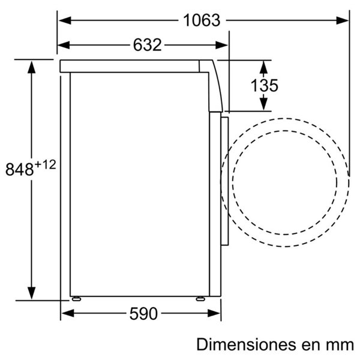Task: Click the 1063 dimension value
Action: point(202,20)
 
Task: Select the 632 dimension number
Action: point(148,45)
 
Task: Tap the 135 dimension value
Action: point(264,85)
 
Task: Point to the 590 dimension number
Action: point(143,314)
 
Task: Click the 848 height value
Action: point(20,169)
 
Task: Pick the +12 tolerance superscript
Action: point(46,165)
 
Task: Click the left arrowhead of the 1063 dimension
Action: point(65,20)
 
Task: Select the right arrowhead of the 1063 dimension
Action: point(343,20)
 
